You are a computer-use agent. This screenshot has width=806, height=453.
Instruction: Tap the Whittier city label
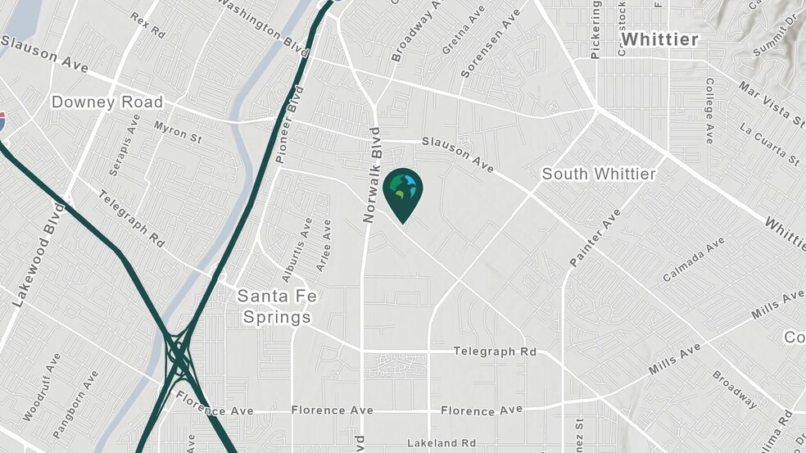point(659,39)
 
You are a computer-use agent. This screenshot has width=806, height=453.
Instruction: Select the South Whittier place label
point(599,174)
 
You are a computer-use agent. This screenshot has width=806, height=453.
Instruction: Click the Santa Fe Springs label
point(274,306)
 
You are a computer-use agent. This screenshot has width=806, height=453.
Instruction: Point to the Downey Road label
point(107,102)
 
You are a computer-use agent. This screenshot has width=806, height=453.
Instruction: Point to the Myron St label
point(177,131)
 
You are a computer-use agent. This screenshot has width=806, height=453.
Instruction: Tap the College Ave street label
point(709,111)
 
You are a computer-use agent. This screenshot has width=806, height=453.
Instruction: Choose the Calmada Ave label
point(694,259)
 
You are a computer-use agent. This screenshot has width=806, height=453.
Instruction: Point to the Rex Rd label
point(147,25)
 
